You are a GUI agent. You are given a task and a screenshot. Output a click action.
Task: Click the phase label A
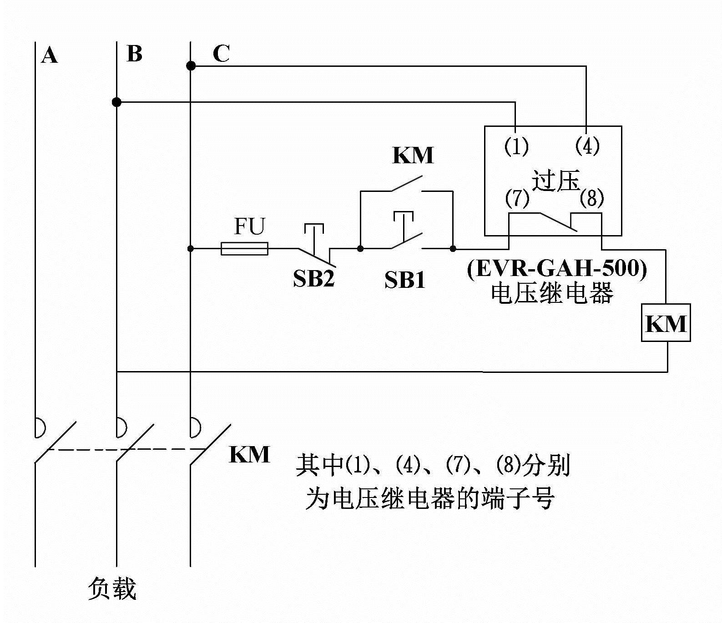pos(50,56)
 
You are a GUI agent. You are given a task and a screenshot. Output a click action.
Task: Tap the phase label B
pos(134,54)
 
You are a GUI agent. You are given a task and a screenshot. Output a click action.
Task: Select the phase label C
pos(221,54)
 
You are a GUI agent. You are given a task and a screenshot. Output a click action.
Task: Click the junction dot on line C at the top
pos(191,66)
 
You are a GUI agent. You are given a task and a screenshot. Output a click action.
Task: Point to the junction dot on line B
pos(116,102)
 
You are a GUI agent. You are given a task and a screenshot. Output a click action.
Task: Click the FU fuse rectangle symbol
pos(244,249)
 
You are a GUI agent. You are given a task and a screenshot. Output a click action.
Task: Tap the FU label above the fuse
pos(249,226)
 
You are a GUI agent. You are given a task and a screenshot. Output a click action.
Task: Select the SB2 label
pos(314,278)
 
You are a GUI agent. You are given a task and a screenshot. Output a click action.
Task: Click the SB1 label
pos(405,280)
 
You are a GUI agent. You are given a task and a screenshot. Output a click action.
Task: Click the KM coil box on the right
pos(666,323)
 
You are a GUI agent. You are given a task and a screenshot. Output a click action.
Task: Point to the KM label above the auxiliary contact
pos(413,155)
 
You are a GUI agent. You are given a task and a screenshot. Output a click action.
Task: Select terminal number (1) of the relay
pos(516,146)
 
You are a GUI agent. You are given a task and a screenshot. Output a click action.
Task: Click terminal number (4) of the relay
pos(587,146)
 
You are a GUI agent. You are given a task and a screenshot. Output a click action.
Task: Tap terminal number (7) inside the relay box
pos(517,198)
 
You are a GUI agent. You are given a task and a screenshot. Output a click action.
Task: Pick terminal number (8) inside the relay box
pos(592,198)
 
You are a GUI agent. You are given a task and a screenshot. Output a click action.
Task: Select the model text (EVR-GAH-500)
pos(557,269)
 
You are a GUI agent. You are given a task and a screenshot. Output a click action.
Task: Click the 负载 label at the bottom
pos(112,589)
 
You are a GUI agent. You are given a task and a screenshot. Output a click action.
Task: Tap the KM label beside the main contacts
pos(249,454)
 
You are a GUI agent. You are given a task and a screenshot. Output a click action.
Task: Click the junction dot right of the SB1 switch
pos(453,249)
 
